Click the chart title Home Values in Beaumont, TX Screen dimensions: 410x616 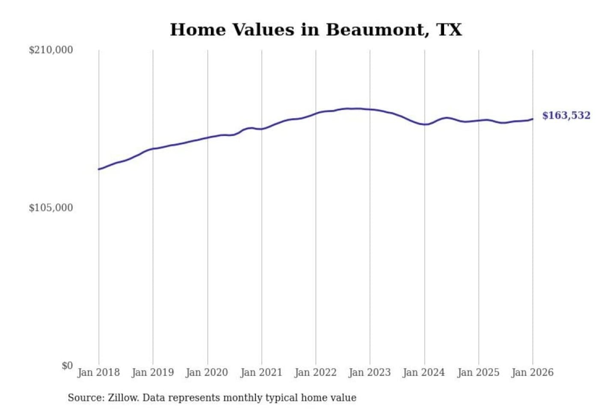point(316,30)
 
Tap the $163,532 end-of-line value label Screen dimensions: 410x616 point(566,115)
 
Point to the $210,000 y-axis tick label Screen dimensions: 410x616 point(51,50)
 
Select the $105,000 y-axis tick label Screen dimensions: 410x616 point(51,208)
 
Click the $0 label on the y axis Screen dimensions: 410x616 point(67,366)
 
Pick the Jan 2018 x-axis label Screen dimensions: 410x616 point(98,372)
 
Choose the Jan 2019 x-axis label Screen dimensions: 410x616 point(153,372)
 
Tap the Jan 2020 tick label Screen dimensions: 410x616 point(207,372)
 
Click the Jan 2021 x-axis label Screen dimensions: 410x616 point(261,372)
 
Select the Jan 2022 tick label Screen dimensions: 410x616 point(316,372)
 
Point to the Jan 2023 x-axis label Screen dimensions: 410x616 point(370,372)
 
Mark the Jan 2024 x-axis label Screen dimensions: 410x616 point(424,372)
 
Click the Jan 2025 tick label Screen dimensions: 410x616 point(478,372)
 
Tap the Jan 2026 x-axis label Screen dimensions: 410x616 point(533,372)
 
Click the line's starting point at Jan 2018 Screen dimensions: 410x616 point(99,169)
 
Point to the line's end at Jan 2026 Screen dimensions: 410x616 point(533,119)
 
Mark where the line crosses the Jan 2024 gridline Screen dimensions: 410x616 point(425,124)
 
